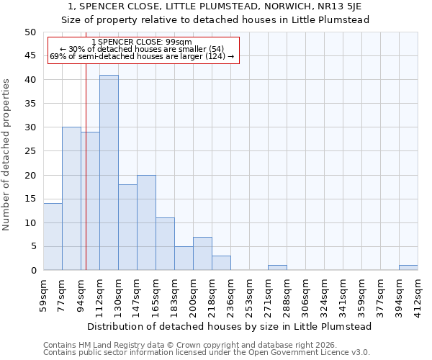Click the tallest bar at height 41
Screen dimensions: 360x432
[109, 173]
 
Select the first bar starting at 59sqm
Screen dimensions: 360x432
[53, 237]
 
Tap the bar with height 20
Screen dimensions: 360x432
[146, 222]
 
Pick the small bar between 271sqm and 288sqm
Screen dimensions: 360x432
[277, 268]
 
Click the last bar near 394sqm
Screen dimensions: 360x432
[408, 268]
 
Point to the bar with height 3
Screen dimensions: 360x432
[221, 263]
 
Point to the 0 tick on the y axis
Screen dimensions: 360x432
[32, 271]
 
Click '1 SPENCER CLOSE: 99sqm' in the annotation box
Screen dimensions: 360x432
[143, 42]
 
